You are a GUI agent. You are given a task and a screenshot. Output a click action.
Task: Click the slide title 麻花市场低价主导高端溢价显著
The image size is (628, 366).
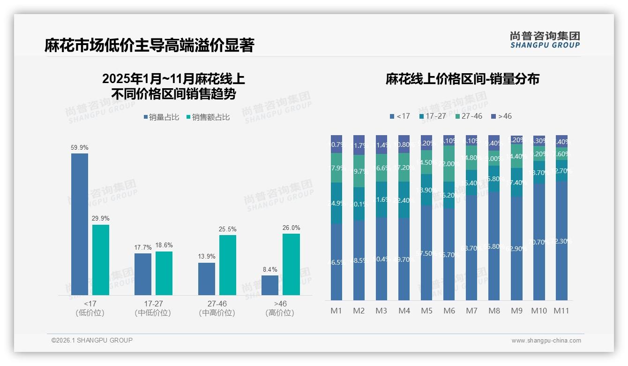click(149, 46)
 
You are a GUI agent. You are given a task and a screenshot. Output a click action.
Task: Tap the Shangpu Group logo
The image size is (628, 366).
click(545, 40)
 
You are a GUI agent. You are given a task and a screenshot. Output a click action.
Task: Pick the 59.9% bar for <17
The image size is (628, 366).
click(80, 224)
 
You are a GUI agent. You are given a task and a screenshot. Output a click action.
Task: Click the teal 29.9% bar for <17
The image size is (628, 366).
click(101, 259)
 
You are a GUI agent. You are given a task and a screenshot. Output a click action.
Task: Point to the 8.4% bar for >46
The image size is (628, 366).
click(270, 285)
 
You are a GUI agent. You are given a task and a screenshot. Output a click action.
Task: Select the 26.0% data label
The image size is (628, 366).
click(292, 228)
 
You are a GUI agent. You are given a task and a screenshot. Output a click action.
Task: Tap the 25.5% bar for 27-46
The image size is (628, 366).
click(228, 265)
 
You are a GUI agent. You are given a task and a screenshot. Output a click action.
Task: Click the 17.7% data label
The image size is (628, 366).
click(143, 247)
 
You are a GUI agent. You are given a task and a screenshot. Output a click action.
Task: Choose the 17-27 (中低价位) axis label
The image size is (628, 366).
click(153, 308)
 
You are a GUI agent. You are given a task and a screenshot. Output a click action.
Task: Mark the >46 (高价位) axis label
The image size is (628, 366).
click(280, 308)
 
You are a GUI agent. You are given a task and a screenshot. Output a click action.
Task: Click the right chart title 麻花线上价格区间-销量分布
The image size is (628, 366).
click(462, 79)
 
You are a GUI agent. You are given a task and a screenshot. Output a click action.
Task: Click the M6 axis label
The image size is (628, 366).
click(449, 311)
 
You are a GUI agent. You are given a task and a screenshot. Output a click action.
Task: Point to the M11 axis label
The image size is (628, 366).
click(561, 311)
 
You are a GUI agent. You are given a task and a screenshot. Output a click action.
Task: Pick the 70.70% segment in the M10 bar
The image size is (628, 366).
click(539, 242)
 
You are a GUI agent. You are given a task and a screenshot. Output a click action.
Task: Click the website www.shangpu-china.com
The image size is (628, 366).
click(546, 341)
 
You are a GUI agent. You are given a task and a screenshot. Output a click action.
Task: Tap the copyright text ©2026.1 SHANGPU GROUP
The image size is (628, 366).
click(92, 340)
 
